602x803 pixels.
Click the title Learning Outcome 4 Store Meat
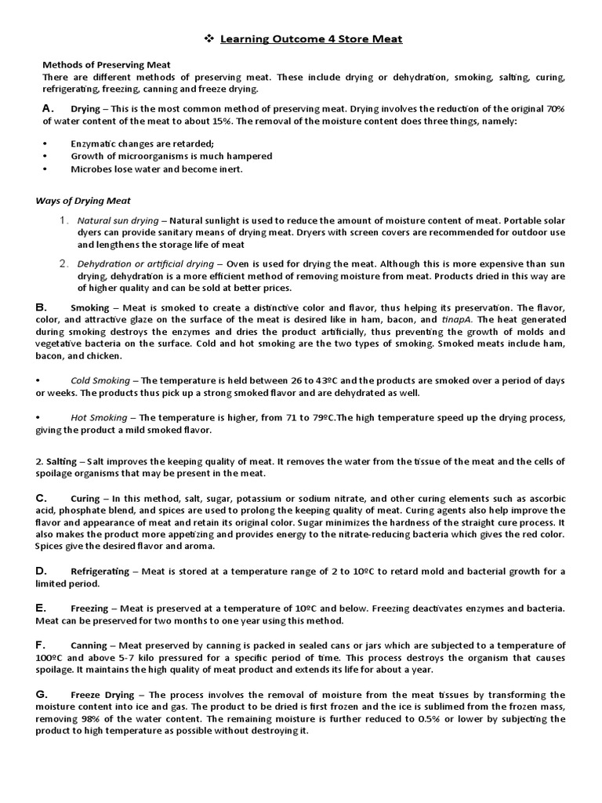click(x=311, y=38)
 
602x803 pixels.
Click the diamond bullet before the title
click(x=209, y=38)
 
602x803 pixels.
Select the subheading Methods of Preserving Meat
click(x=106, y=64)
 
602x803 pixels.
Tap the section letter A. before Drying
click(x=47, y=108)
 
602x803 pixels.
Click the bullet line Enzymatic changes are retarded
click(x=142, y=144)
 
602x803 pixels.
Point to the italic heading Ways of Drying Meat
click(x=83, y=201)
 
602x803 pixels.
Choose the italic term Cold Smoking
click(x=101, y=380)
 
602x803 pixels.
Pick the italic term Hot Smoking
click(x=100, y=418)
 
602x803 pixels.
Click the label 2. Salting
click(x=56, y=462)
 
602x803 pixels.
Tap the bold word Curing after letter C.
click(x=85, y=499)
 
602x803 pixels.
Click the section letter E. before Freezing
click(x=42, y=608)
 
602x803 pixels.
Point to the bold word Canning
click(x=89, y=645)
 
